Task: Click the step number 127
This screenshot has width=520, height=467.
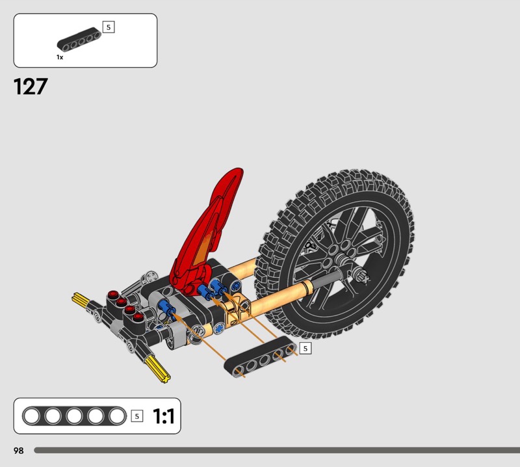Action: [31, 87]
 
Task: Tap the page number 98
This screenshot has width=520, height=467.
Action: [19, 450]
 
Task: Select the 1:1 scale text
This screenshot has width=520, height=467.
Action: [164, 416]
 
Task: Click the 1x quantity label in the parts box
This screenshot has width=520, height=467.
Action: [60, 57]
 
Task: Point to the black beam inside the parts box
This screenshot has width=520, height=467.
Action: [79, 40]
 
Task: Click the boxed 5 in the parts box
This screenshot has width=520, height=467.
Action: [109, 27]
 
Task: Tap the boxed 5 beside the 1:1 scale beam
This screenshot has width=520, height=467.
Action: [137, 416]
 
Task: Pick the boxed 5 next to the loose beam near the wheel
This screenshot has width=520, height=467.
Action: [305, 348]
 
